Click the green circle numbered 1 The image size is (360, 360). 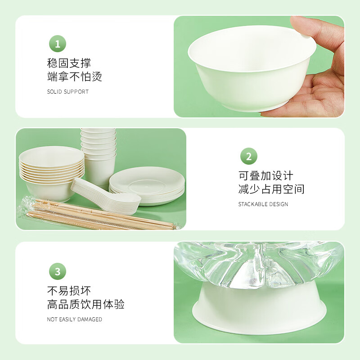(57, 44)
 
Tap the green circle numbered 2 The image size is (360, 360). (248, 157)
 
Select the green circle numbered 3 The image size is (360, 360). (57, 271)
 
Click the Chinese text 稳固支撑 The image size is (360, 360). (69, 63)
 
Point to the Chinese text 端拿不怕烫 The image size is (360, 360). (75, 76)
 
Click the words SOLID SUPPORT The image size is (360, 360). (68, 92)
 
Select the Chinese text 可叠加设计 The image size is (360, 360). (265, 175)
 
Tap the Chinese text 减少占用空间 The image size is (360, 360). (271, 189)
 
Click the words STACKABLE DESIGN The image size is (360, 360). (263, 204)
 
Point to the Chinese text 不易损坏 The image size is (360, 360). (69, 291)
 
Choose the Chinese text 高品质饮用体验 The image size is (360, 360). (86, 304)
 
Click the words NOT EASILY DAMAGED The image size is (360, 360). (75, 319)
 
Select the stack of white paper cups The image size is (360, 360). (99, 153)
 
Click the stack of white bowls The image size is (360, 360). (51, 171)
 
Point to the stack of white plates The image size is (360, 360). (148, 184)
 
